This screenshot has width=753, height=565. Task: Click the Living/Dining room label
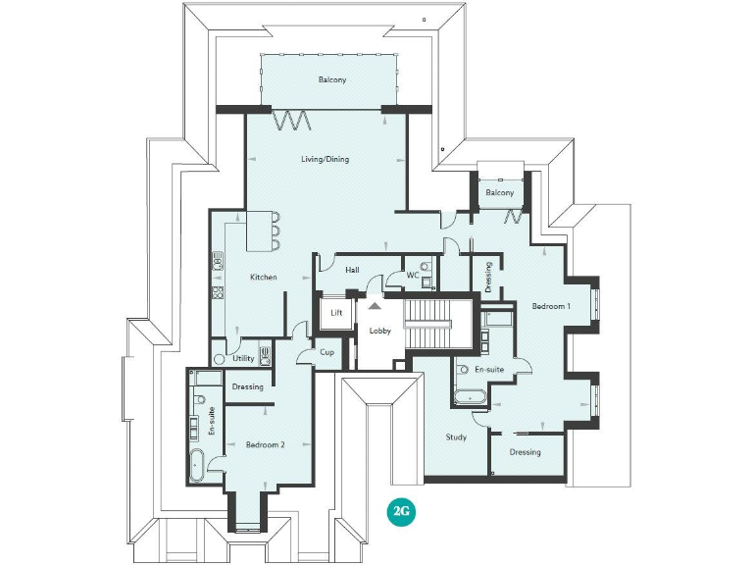point(324,159)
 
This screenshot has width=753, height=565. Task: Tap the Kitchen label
point(263,278)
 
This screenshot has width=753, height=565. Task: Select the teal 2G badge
point(399,511)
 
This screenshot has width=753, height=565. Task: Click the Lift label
point(336,313)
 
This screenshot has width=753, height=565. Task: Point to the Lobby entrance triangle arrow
point(374,307)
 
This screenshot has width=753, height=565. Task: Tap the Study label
point(456,437)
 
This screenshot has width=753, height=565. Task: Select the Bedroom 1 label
point(551,306)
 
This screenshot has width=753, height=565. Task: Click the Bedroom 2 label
point(265,444)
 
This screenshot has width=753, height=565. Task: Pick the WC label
point(413,276)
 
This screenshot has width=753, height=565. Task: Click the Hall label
point(352,269)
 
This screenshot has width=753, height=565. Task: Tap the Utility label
point(243,359)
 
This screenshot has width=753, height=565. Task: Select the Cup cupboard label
point(326,352)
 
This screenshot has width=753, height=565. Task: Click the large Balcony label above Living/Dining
point(331,79)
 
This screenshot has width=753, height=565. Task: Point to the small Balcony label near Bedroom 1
point(500,193)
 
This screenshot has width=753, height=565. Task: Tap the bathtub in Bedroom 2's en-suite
point(196,463)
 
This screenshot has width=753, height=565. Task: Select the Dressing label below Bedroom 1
point(526,452)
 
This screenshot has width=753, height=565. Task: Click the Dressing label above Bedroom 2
point(247,386)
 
